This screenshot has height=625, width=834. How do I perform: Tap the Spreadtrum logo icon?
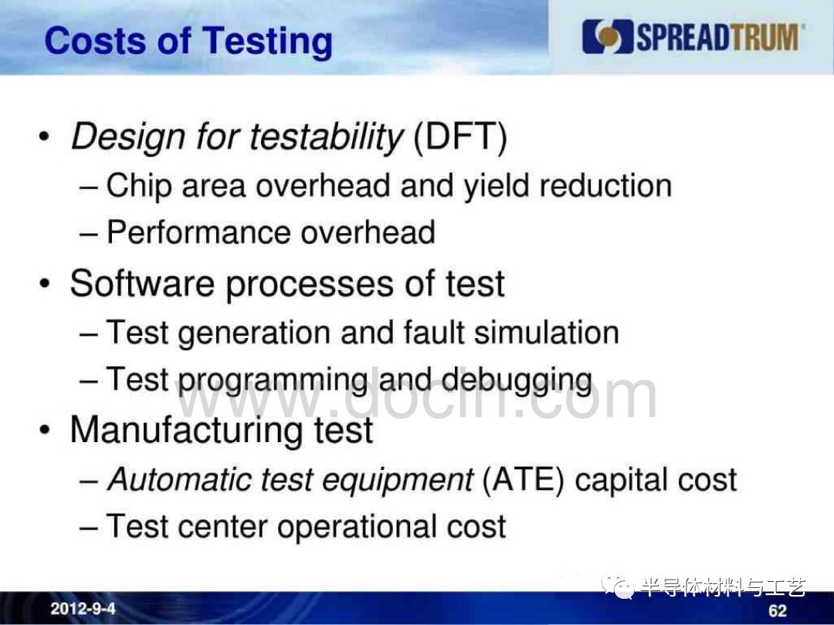(608, 37)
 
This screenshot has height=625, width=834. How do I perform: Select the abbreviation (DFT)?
(459, 137)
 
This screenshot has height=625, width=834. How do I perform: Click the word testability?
(327, 137)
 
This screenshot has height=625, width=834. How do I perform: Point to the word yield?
(497, 187)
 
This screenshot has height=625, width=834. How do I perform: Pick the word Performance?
(199, 232)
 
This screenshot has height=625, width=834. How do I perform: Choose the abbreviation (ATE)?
(523, 480)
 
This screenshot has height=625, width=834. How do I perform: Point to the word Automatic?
(179, 479)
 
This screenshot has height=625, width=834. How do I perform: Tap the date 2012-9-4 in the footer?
(83, 609)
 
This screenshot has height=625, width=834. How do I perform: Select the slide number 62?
(777, 611)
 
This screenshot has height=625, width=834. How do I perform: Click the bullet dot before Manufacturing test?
(45, 430)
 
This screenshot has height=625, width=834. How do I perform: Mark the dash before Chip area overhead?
(88, 187)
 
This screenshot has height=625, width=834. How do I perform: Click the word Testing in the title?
(267, 42)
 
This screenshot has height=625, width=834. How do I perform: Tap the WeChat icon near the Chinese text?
(618, 586)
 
